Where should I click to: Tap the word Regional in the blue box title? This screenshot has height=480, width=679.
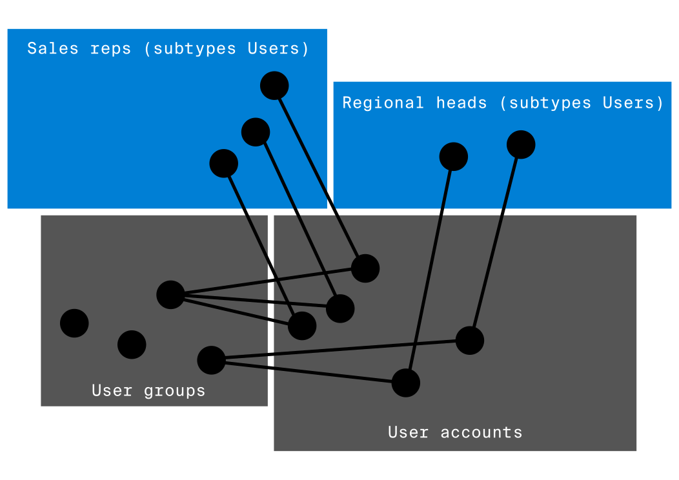click(x=383, y=103)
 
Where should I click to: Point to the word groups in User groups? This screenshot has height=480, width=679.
click(x=174, y=390)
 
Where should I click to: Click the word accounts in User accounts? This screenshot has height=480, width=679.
click(x=481, y=432)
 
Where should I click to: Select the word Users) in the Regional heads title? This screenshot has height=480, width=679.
click(x=633, y=103)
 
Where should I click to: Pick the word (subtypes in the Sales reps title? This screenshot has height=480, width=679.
click(x=190, y=48)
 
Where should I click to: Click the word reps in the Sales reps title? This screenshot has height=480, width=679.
click(x=111, y=48)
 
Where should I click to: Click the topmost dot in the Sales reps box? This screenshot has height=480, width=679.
click(x=274, y=86)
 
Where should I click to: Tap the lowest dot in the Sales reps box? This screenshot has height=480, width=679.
click(x=224, y=163)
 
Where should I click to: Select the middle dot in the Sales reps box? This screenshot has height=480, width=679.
click(x=256, y=132)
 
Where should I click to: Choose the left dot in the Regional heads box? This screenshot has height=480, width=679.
click(x=454, y=157)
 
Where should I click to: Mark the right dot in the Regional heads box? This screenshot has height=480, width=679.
click(x=521, y=145)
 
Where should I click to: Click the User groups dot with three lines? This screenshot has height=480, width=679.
click(x=171, y=295)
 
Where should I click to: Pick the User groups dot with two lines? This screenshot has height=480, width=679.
click(x=212, y=360)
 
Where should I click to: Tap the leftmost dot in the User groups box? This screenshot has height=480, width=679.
click(x=74, y=323)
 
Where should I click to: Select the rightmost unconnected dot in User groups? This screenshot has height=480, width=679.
click(x=132, y=345)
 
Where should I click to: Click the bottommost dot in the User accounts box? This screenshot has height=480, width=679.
click(x=406, y=383)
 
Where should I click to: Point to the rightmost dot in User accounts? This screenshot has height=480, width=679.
click(x=470, y=340)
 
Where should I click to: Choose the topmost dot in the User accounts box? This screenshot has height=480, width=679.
click(x=365, y=268)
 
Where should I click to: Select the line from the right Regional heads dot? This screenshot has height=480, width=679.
click(x=496, y=242)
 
